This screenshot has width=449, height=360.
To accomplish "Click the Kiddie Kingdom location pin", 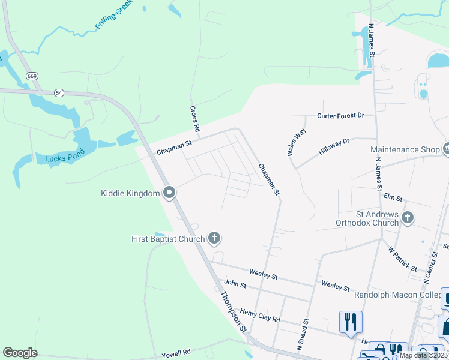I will click(x=169, y=193).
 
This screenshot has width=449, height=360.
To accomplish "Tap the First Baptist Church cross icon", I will click(x=214, y=238).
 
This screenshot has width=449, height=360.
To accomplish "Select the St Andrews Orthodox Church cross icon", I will click(x=408, y=218).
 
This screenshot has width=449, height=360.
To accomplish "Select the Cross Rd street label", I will click(x=194, y=119).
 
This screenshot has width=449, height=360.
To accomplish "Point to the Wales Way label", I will click(x=297, y=142).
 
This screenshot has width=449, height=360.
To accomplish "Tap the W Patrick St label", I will click(x=402, y=257).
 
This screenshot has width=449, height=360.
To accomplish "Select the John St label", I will click(x=235, y=283).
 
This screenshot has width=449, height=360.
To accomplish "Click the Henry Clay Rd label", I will click(x=260, y=316).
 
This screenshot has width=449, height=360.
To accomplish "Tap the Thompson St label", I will click(x=233, y=312).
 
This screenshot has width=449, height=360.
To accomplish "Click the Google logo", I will click(x=20, y=353).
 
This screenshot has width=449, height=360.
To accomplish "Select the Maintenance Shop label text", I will click(x=405, y=149).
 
